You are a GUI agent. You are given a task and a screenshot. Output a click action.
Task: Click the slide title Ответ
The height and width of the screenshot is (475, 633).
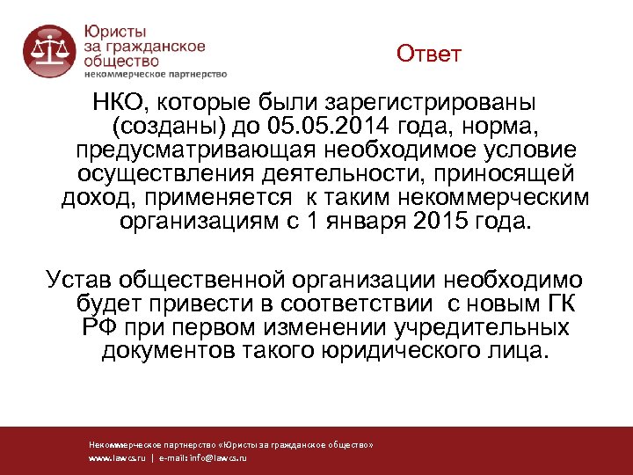tap(428, 55)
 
